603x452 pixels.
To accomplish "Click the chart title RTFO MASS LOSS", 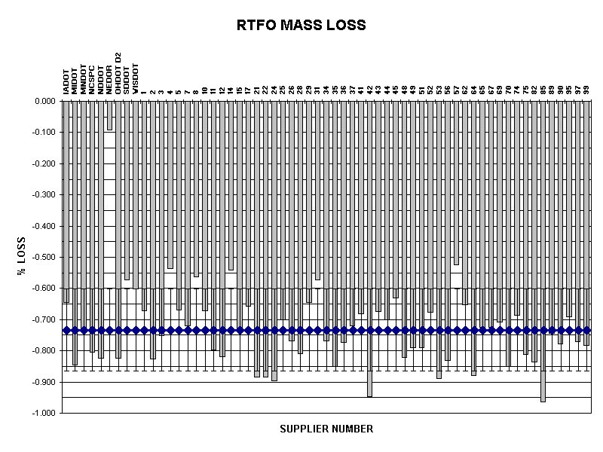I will pos(301,25).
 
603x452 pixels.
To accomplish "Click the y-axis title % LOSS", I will pos(22,257).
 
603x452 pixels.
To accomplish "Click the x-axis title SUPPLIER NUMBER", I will pos(326,429).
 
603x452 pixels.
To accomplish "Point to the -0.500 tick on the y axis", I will pos(45,257).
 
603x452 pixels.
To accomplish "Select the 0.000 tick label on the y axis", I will pos(46,101).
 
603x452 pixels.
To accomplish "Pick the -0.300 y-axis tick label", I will pos(45,194).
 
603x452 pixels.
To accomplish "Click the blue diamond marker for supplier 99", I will pos(586,330).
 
